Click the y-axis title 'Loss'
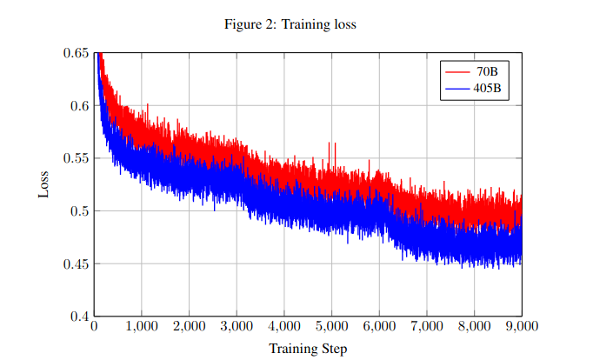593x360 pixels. (44, 184)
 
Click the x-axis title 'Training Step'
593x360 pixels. (308, 349)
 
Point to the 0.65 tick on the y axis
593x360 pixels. (77, 53)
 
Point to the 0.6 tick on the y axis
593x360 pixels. (80, 106)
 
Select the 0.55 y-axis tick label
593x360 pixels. (77, 158)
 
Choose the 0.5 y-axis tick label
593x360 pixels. (80, 211)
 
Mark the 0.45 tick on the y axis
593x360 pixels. (77, 263)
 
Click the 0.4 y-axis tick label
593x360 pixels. (80, 316)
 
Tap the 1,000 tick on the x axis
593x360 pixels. (142, 327)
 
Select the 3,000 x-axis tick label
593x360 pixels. (237, 327)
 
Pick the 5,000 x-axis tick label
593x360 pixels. (331, 327)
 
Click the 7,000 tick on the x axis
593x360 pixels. (426, 327)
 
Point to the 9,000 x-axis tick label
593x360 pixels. (521, 327)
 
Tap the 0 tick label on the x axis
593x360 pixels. (94, 327)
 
